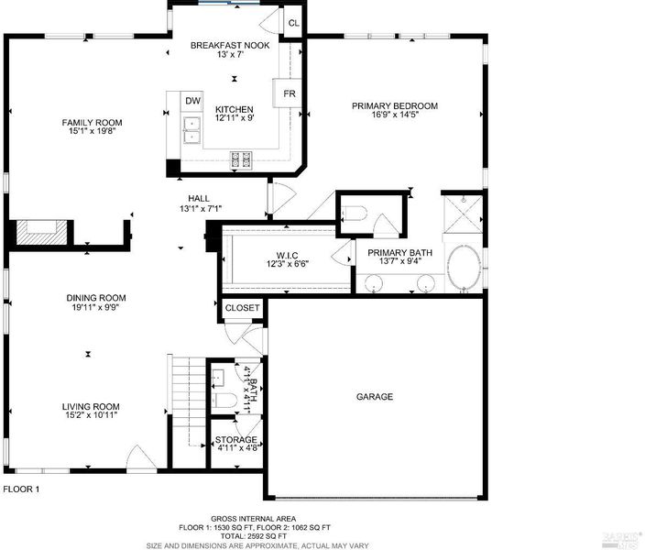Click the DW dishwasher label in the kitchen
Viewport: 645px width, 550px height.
tap(192, 101)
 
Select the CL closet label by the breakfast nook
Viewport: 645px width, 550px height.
tap(294, 23)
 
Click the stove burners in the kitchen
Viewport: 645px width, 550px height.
tap(241, 159)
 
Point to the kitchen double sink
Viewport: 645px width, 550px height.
tap(192, 130)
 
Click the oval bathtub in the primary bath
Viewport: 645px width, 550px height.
tap(464, 267)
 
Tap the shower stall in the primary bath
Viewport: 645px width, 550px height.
tap(463, 214)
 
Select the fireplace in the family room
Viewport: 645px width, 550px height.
tap(41, 233)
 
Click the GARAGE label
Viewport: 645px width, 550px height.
tap(375, 396)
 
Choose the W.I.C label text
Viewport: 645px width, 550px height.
tap(287, 255)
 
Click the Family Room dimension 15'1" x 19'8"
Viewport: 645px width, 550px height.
tap(93, 131)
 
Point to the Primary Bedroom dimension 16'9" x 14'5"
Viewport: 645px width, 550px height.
tap(395, 115)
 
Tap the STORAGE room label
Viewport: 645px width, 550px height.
tap(236, 440)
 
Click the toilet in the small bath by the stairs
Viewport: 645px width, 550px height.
tap(224, 400)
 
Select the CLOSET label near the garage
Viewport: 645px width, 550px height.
tap(242, 308)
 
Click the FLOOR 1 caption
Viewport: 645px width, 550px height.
tap(21, 489)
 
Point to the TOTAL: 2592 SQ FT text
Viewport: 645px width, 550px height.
tap(254, 536)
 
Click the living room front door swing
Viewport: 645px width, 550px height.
tap(141, 457)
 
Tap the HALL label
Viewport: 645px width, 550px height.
tap(199, 198)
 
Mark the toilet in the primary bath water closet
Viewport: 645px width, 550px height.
tap(355, 213)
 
